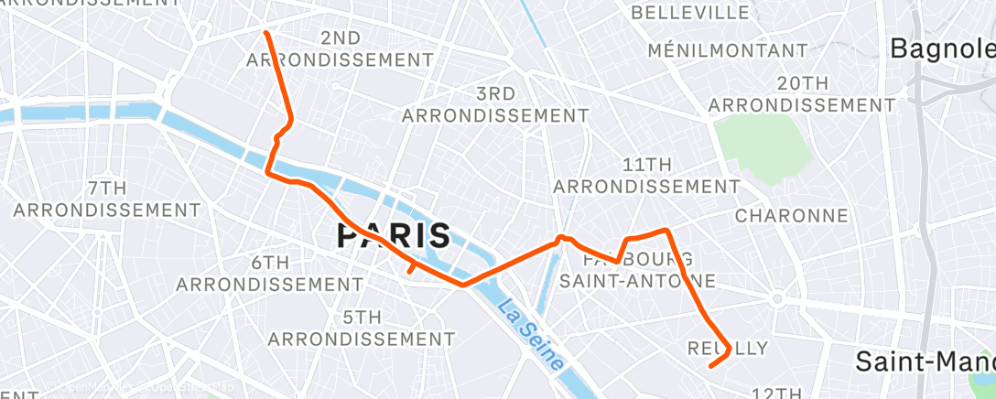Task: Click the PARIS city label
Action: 394,236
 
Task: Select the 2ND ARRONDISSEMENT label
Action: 341,49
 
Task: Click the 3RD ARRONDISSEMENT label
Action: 495,105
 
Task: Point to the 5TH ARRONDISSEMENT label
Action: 362,328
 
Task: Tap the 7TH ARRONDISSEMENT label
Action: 106,199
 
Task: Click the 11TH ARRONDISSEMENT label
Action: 646,175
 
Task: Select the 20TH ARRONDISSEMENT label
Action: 802,94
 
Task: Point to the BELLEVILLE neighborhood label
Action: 690,13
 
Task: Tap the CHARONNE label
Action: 791,216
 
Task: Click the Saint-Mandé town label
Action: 925,361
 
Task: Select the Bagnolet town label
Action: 943,48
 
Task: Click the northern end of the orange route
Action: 266,33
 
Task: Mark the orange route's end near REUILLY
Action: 711,367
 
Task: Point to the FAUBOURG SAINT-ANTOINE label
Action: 637,268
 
